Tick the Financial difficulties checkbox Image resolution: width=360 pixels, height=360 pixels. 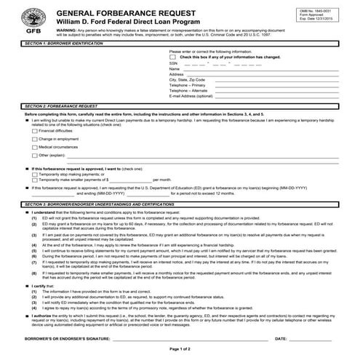pyautogui.click(x=34, y=131)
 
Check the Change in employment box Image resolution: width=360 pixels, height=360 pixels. pyautogui.click(x=34, y=139)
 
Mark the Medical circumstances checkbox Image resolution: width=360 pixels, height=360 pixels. pyautogui.click(x=34, y=147)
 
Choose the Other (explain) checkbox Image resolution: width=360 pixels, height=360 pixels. pyautogui.click(x=34, y=155)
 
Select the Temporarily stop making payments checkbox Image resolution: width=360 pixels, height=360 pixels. pyautogui.click(x=34, y=174)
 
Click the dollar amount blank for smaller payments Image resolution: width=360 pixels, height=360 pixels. pyautogui.click(x=130, y=180)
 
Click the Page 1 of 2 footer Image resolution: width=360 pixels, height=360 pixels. pyautogui.click(x=180, y=350)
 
